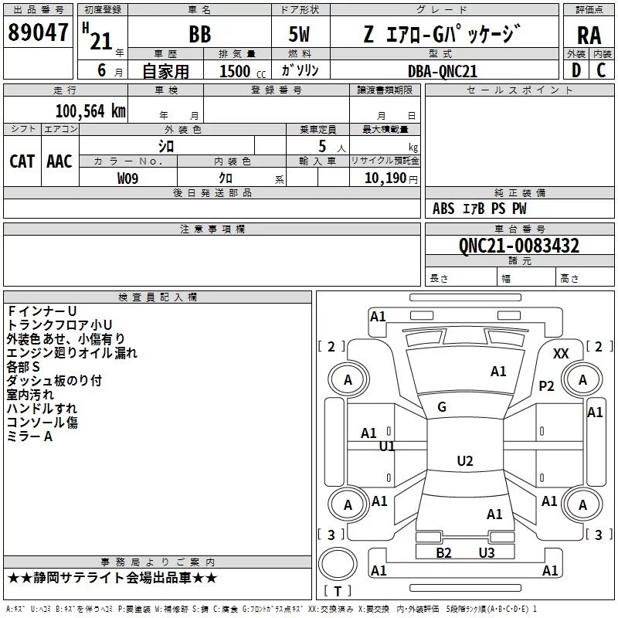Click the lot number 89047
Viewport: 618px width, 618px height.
point(38,32)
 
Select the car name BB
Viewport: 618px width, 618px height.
point(200,34)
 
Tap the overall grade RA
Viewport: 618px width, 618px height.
point(589,36)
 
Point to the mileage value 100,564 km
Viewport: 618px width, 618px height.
point(90,110)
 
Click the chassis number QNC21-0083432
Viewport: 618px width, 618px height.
point(519,246)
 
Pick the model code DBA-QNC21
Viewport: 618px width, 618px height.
point(443,71)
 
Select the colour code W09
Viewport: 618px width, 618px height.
point(127,178)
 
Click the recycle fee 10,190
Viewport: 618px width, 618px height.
point(385,178)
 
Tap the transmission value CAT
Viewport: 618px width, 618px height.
point(22,161)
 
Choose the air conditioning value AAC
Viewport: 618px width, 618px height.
point(59,161)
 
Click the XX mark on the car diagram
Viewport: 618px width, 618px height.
point(561,354)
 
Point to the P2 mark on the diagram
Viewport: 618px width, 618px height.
point(547,385)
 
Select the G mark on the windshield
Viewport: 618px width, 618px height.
point(442,407)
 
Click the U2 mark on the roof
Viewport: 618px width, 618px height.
point(465,460)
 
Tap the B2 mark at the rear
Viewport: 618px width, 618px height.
point(443,552)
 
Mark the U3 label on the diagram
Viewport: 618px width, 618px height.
point(487,552)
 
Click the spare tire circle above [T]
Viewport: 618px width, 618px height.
point(338,564)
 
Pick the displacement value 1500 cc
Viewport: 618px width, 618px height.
point(242,71)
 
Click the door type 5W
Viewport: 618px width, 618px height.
point(299,34)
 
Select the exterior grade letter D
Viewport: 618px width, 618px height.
point(576,70)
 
